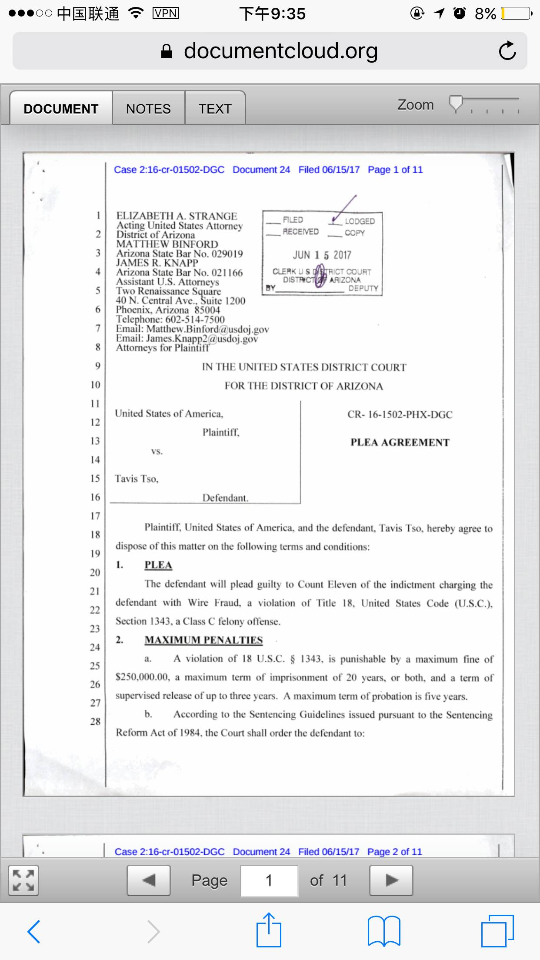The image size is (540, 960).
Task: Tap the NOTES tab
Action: pos(148,109)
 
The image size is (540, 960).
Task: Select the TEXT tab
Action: pos(215,109)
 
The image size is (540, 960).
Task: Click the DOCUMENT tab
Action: pos(61,109)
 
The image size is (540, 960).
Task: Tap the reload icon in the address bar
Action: pos(507,51)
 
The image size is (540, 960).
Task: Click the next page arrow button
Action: pos(391,880)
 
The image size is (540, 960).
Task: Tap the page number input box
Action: pos(269,880)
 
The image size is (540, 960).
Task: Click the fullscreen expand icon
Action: pos(23,880)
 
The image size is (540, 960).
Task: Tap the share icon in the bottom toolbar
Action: pos(269,930)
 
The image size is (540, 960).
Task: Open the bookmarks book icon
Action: pos(384,931)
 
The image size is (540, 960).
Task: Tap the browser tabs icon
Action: pos(497,931)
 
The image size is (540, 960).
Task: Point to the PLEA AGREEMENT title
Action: pos(400,443)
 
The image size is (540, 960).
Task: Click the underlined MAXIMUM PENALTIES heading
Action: pos(203,640)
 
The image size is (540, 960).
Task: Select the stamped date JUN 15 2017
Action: pos(322,255)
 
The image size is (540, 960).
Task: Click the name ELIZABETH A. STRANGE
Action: pos(177,216)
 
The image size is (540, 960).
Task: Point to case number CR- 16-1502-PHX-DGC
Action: pos(400,415)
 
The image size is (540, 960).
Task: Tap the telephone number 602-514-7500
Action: pos(195,320)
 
